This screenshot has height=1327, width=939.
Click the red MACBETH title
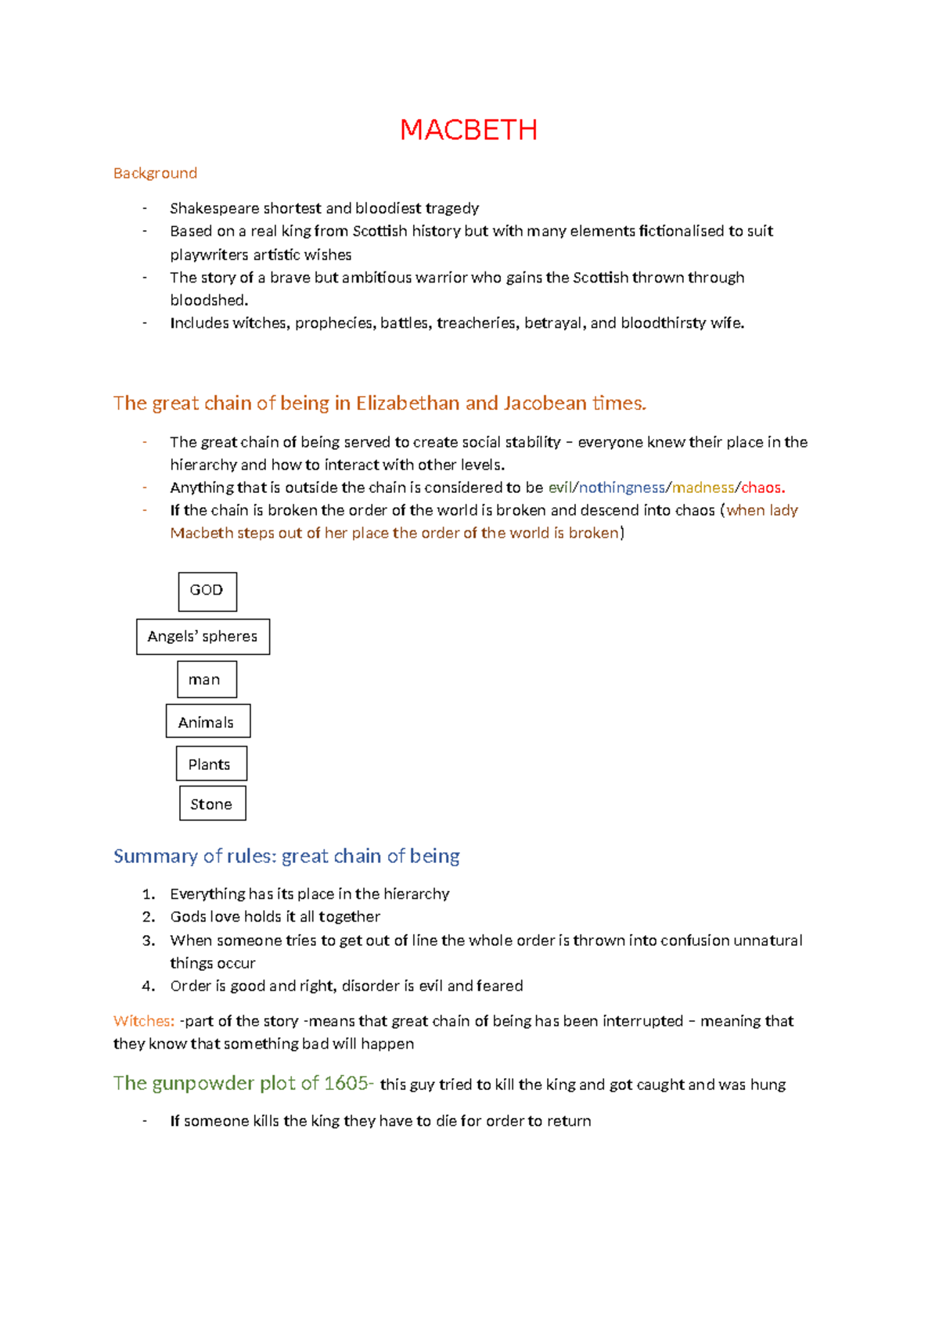[468, 130]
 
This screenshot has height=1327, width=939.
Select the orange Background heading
[155, 173]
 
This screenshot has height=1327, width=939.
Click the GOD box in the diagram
[207, 591]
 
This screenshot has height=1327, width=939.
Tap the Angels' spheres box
[203, 636]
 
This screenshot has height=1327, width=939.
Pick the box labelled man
[206, 679]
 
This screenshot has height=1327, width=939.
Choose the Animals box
[207, 721]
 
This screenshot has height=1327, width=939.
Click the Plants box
[210, 764]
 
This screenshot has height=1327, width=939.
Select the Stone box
[212, 804]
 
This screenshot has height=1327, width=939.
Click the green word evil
[560, 487]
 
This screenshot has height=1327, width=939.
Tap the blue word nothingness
[621, 487]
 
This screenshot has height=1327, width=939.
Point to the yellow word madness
[703, 487]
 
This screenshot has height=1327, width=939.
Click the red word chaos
[762, 487]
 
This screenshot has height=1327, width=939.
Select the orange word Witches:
[144, 1021]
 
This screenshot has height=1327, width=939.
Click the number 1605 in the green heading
[345, 1084]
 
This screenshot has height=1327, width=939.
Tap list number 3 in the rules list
[149, 940]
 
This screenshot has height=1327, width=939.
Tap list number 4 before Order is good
[149, 986]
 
